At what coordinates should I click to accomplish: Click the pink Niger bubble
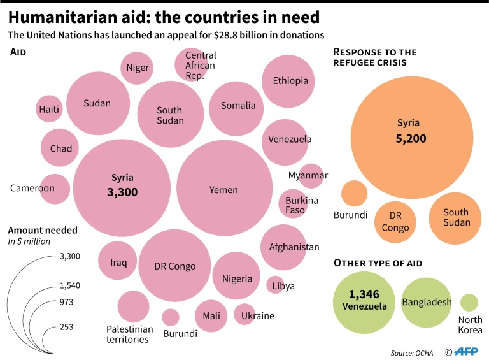[137, 68]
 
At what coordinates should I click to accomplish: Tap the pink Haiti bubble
[49, 109]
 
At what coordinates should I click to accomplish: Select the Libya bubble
[275, 285]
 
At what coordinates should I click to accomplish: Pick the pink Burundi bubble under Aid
[171, 317]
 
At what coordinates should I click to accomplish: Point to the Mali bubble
[211, 316]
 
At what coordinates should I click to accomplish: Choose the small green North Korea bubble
[469, 303]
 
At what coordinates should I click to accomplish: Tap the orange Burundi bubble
[354, 193]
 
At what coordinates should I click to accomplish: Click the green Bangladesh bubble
[427, 303]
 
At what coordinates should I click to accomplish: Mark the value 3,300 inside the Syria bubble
[122, 192]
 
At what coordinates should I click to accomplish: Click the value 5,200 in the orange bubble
[409, 138]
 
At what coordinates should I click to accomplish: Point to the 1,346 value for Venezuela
[364, 294]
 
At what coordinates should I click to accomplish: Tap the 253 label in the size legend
[67, 327]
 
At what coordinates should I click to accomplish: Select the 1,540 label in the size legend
[70, 285]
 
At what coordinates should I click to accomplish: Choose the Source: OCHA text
[412, 352]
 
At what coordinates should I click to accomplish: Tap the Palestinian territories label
[130, 334]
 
